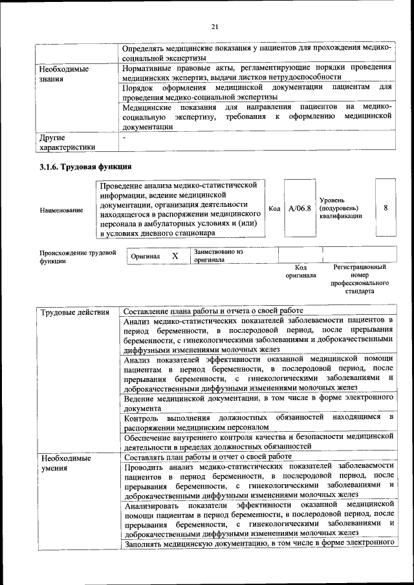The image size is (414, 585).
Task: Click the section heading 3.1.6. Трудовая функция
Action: pyautogui.click(x=81, y=167)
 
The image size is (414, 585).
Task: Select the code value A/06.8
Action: pyautogui.click(x=300, y=208)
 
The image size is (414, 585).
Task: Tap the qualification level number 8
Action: pyautogui.click(x=386, y=208)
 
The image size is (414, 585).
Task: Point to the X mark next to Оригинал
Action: pyautogui.click(x=175, y=256)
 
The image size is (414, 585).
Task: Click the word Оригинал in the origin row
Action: pyautogui.click(x=146, y=256)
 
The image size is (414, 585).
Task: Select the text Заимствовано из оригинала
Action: pyautogui.click(x=217, y=255)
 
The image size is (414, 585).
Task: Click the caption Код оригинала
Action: pyautogui.click(x=300, y=271)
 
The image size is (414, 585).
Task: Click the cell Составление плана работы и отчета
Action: pyautogui.click(x=213, y=311)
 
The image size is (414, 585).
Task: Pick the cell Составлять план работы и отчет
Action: pyautogui.click(x=208, y=456)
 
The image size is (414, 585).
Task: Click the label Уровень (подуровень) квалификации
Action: pyautogui.click(x=340, y=208)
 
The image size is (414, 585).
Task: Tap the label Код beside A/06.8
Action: pyautogui.click(x=274, y=209)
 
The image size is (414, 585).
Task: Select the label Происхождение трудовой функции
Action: pyautogui.click(x=78, y=256)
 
